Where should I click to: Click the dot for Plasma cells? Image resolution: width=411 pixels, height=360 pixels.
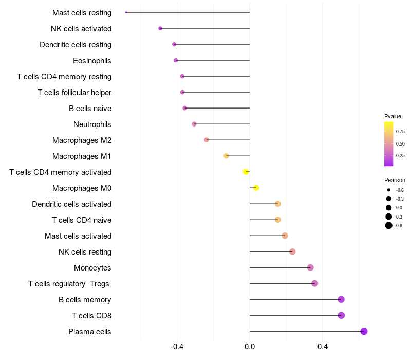click(x=364, y=331)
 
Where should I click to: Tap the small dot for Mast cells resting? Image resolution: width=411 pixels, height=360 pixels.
click(x=126, y=12)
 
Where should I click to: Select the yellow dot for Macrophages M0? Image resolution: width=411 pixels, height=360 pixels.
click(x=256, y=188)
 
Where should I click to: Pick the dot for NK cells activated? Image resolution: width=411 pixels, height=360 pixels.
click(x=160, y=28)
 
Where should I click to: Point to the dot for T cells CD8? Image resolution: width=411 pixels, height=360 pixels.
click(x=341, y=315)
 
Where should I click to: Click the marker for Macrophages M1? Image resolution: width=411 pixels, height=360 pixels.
click(x=226, y=156)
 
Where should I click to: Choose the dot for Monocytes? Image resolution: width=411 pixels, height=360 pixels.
click(x=310, y=267)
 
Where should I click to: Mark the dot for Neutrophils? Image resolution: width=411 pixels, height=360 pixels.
click(x=194, y=124)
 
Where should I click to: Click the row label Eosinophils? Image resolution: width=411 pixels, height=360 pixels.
click(x=92, y=61)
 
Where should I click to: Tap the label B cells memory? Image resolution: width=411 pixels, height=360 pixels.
click(x=85, y=300)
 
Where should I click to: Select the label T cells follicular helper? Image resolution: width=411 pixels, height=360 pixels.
click(x=74, y=93)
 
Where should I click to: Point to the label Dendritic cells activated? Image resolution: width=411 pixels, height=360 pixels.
click(x=71, y=204)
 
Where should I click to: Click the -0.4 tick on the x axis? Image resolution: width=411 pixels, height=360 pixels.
click(x=177, y=347)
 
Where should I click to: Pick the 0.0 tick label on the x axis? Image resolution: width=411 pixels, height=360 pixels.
click(x=250, y=347)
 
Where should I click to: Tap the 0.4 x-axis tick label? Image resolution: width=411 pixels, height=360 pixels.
click(x=323, y=347)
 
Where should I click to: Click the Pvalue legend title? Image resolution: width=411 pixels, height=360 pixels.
click(x=393, y=116)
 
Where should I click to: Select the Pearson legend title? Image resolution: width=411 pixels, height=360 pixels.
click(x=395, y=180)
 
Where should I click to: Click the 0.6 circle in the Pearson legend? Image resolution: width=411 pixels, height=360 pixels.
click(x=389, y=225)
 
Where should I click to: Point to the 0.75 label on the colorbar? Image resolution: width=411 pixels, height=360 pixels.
click(x=400, y=132)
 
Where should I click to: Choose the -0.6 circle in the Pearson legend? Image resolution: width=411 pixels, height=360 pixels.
click(x=389, y=190)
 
